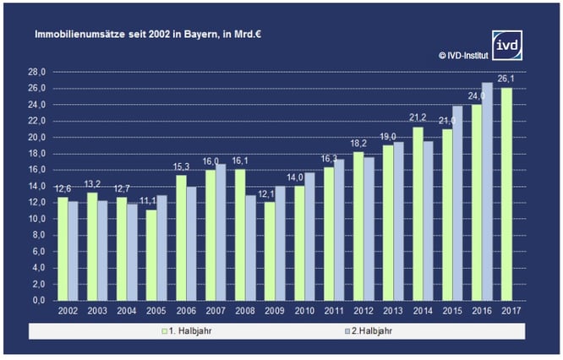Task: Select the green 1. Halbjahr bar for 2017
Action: [507, 194]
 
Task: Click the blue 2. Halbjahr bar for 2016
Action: [486, 191]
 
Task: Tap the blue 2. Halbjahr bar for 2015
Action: [457, 203]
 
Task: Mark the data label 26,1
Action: [507, 79]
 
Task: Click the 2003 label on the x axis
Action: [98, 312]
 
